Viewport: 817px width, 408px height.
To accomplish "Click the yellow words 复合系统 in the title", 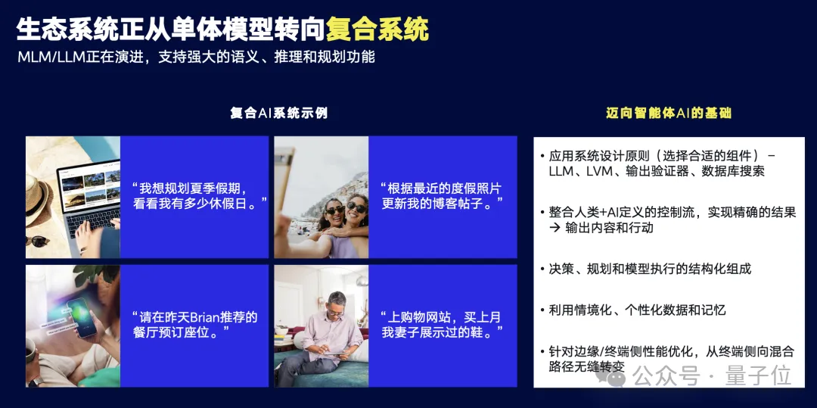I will pyautogui.click(x=377, y=28).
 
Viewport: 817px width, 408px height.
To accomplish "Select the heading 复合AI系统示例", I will pyautogui.click(x=278, y=114).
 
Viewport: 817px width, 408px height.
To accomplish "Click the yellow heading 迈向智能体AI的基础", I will pyautogui.click(x=669, y=114).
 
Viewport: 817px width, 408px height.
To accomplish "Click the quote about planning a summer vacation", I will pyautogui.click(x=200, y=195).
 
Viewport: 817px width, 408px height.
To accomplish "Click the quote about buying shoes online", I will pyautogui.click(x=442, y=325).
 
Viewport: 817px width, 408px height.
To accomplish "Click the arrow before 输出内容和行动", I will pyautogui.click(x=555, y=228).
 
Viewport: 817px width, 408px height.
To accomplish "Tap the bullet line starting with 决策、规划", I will pyautogui.click(x=650, y=269).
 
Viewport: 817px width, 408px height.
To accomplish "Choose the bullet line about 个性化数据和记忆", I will pyautogui.click(x=637, y=310).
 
